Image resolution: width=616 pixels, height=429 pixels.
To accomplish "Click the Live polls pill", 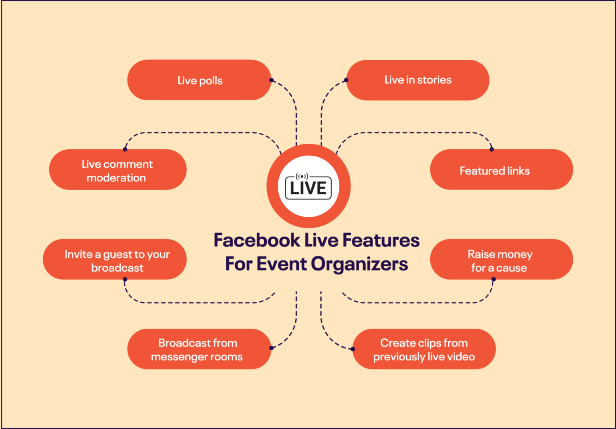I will (x=199, y=80).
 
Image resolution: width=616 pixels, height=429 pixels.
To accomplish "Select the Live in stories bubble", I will (x=417, y=80).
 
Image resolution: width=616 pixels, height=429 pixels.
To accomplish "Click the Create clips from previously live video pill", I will (x=424, y=349).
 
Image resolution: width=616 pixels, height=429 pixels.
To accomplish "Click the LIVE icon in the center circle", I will (x=308, y=188).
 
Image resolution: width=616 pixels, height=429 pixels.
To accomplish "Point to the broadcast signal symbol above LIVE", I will (x=302, y=176).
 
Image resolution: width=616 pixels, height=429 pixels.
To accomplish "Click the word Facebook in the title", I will (x=257, y=240).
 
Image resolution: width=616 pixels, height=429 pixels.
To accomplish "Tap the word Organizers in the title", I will (x=359, y=264).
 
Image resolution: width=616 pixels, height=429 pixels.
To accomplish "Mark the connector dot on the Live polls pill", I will (x=272, y=80).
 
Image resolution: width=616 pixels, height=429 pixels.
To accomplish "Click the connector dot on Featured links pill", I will (x=492, y=149).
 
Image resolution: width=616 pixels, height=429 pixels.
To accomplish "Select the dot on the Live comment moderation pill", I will (x=125, y=149).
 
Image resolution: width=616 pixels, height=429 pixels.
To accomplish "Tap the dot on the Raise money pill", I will (x=494, y=279).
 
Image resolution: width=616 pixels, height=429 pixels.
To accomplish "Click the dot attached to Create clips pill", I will (x=353, y=349).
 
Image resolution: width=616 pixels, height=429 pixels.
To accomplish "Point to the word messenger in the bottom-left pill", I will (x=180, y=357).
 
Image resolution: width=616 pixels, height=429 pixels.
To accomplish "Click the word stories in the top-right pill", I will (x=434, y=80).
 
